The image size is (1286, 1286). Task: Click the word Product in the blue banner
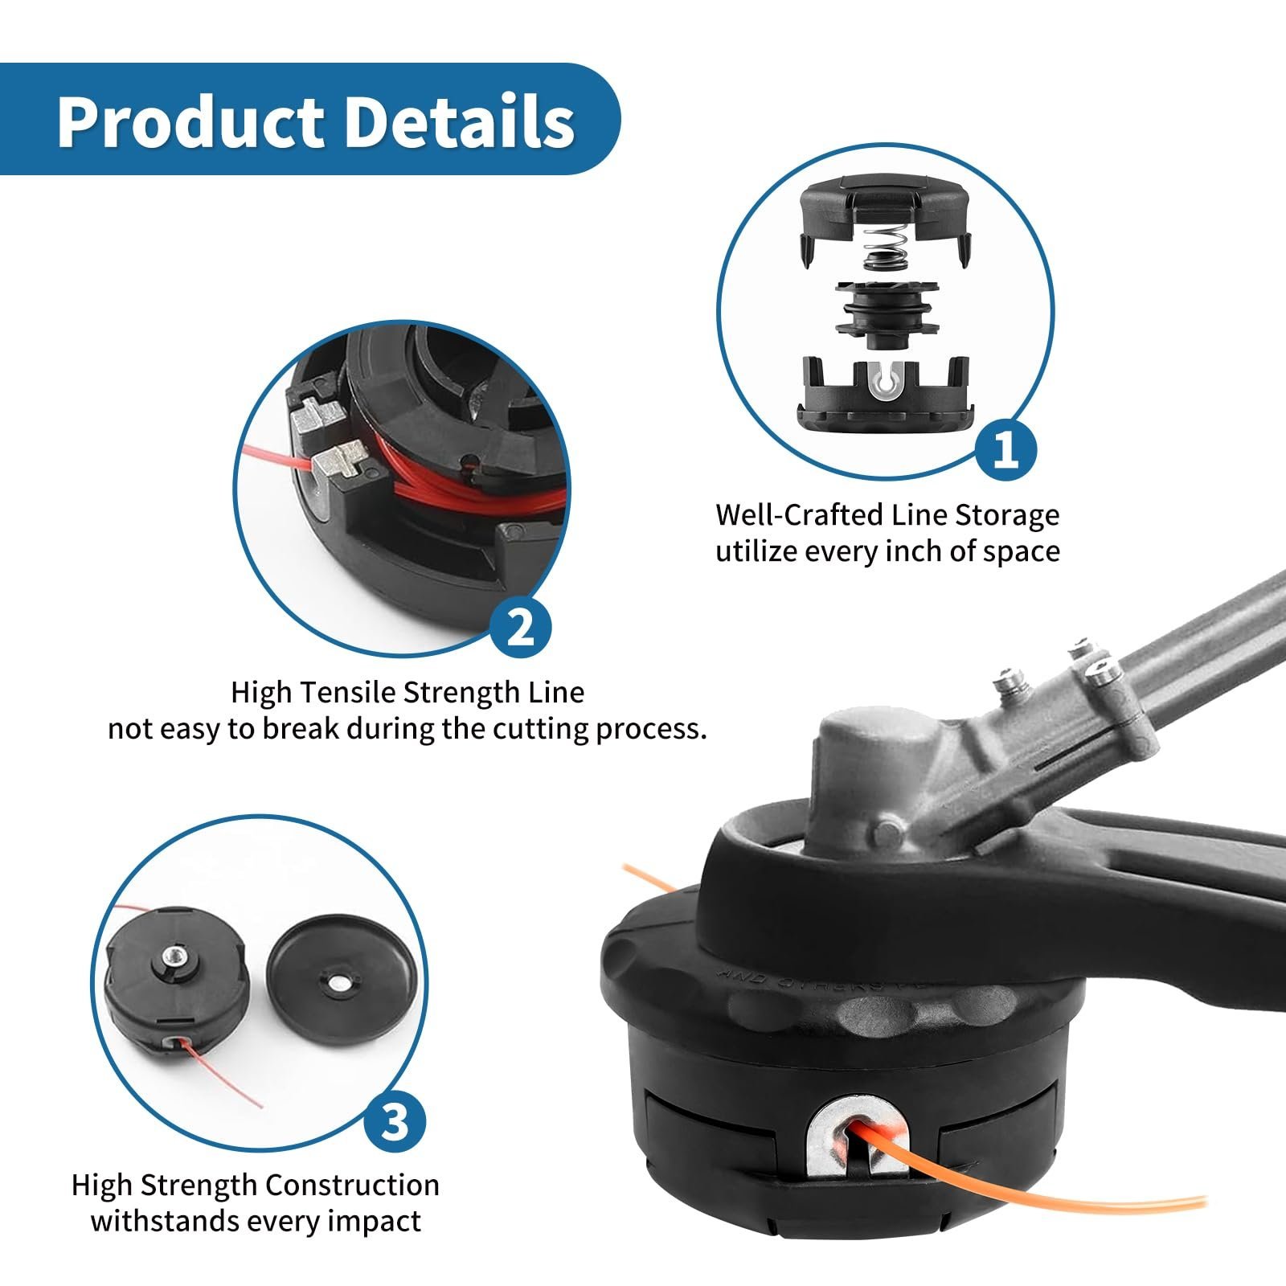coord(189,121)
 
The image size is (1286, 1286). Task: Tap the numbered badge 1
coord(1005,451)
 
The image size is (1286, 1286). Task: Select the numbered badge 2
coord(520,626)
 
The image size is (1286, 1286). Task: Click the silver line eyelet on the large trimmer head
coord(861,1133)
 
